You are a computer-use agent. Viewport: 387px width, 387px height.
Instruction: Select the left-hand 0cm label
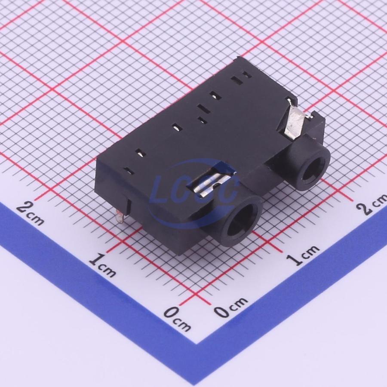tap(177, 319)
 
